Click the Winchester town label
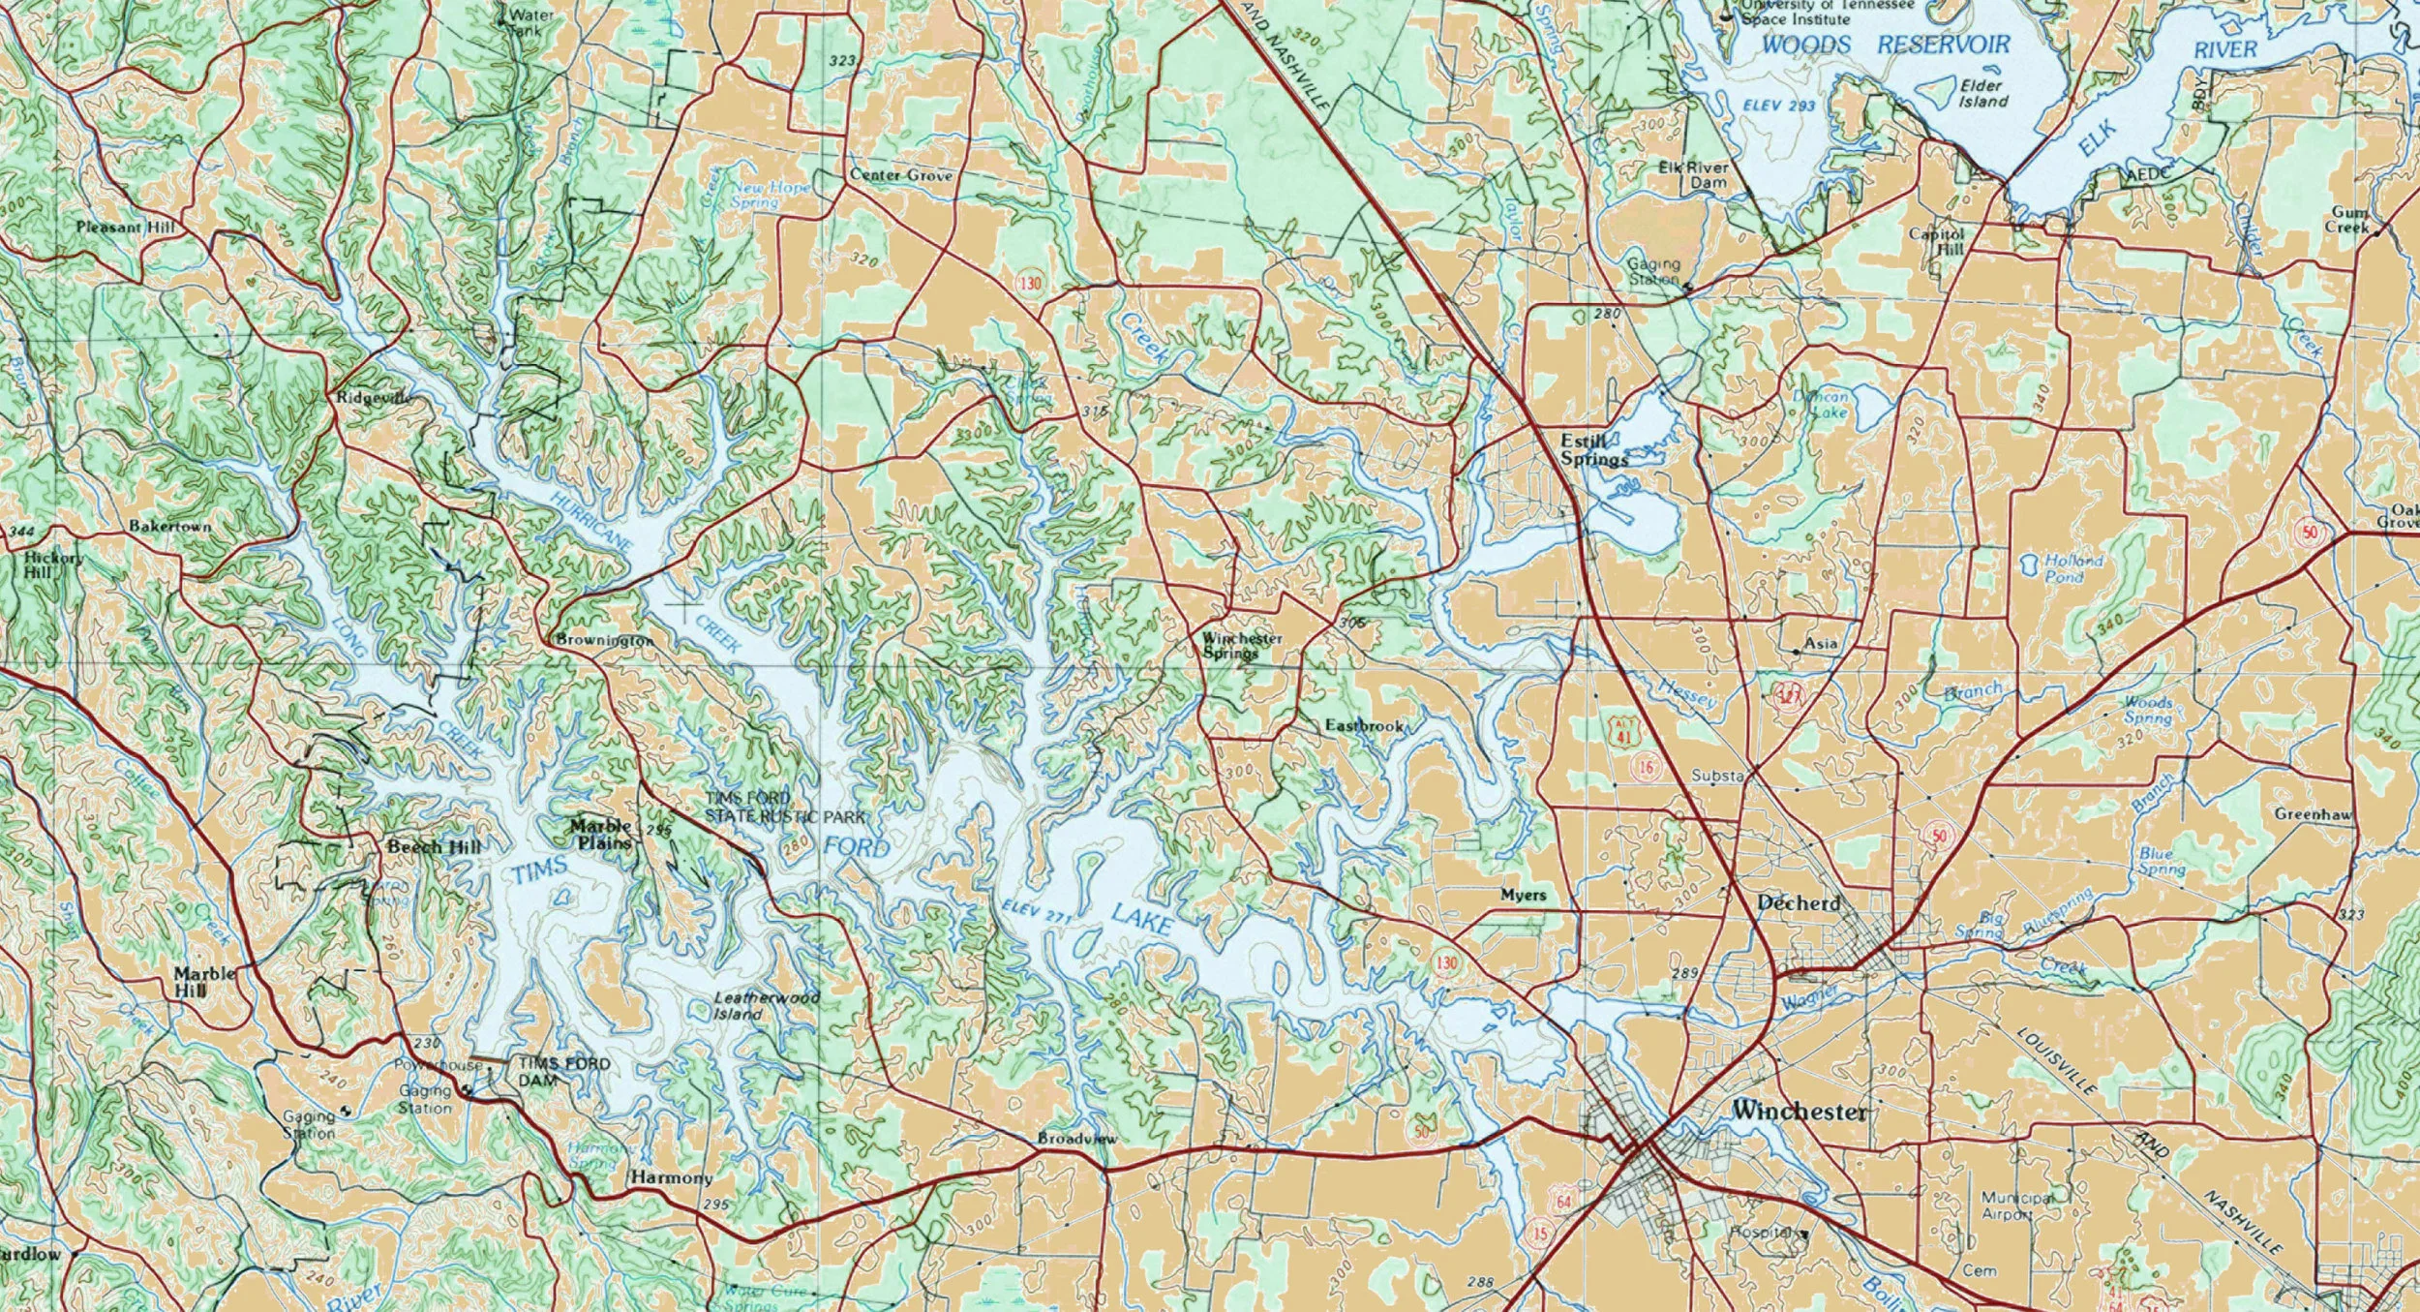pyautogui.click(x=1799, y=1111)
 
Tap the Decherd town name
pyautogui.click(x=1798, y=902)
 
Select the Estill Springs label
pyautogui.click(x=1593, y=450)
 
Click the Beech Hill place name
pyautogui.click(x=434, y=847)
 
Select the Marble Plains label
pyautogui.click(x=601, y=834)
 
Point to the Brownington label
pyautogui.click(x=605, y=640)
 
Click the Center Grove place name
pyautogui.click(x=900, y=175)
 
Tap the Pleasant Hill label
pyautogui.click(x=126, y=228)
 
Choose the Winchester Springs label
pyautogui.click(x=1242, y=645)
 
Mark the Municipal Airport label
pyautogui.click(x=2017, y=1205)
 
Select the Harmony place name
pyautogui.click(x=671, y=1177)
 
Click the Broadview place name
pyautogui.click(x=1076, y=1138)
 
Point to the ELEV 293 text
pyautogui.click(x=1778, y=105)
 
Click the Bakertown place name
pyautogui.click(x=170, y=526)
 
